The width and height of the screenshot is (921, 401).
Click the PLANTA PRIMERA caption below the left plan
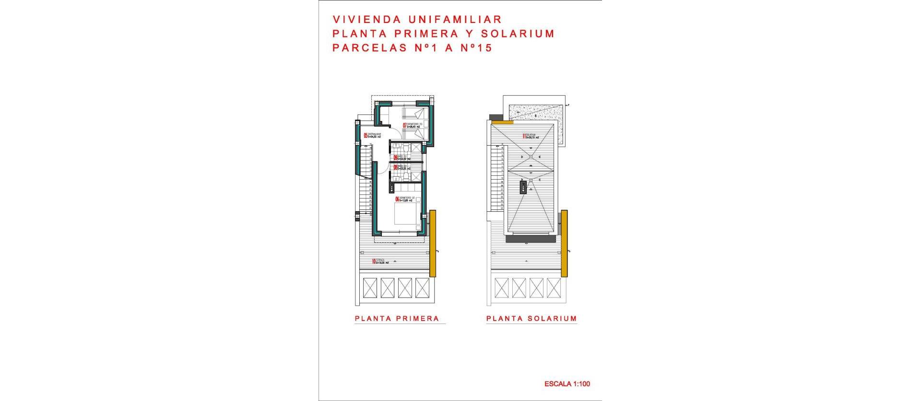397,319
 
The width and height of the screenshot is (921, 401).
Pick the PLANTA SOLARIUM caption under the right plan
531,319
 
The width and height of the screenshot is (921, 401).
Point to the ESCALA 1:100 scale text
567,384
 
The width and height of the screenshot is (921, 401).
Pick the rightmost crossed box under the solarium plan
554,288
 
